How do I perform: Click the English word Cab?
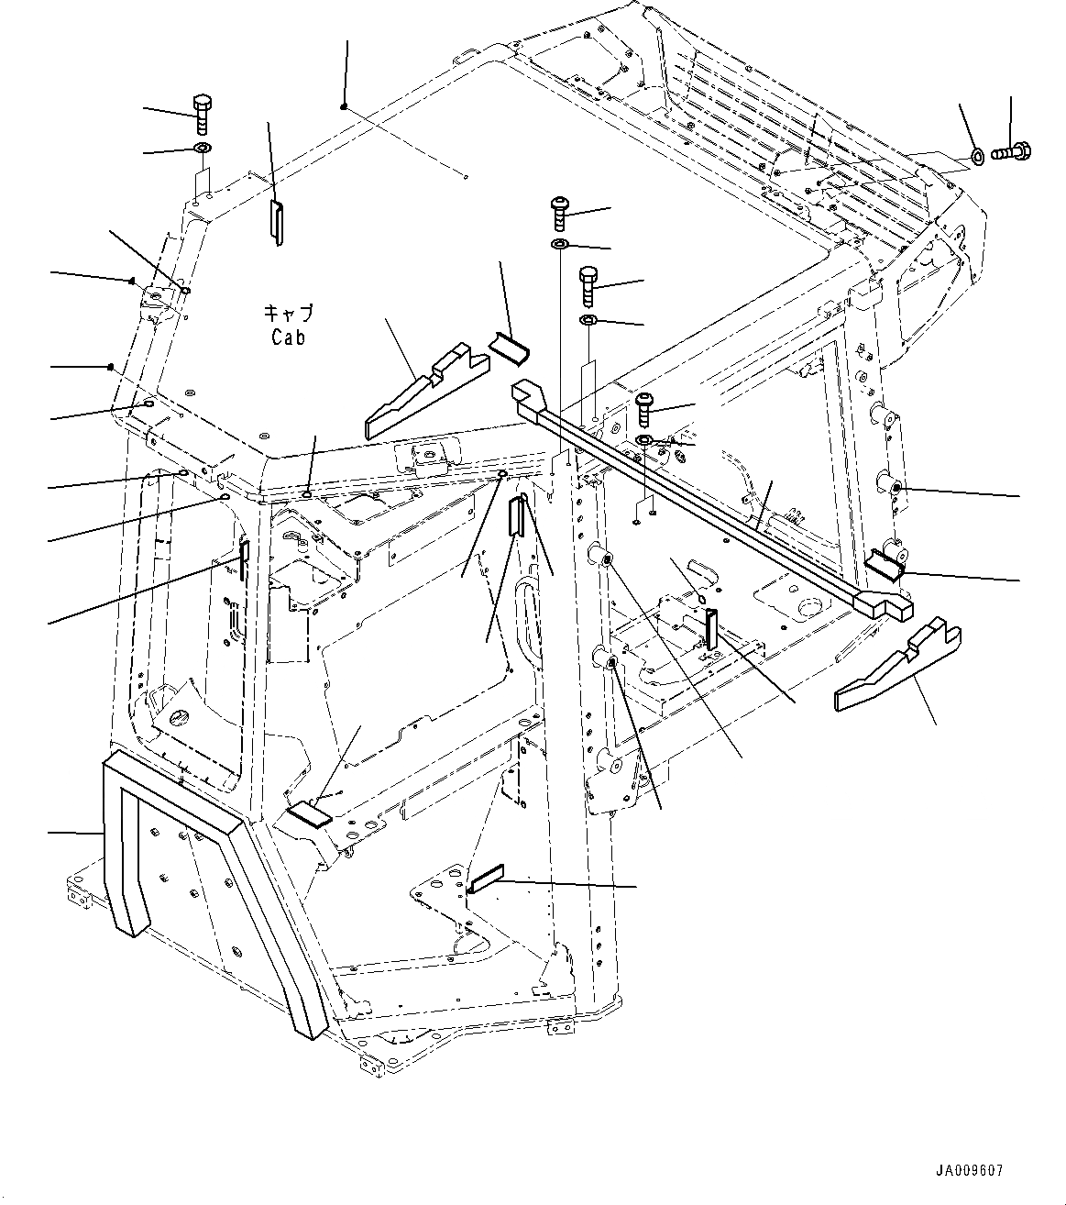tap(288, 337)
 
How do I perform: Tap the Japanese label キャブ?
tap(288, 314)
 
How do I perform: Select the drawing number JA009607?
tap(970, 1170)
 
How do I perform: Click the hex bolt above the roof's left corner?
tap(203, 115)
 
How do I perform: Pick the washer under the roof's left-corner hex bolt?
tap(203, 149)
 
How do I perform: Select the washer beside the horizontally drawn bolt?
tap(978, 157)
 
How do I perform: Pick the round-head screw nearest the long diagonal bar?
tap(644, 406)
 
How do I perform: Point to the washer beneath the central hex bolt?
tap(589, 321)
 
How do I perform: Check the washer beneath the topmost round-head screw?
tap(559, 245)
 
